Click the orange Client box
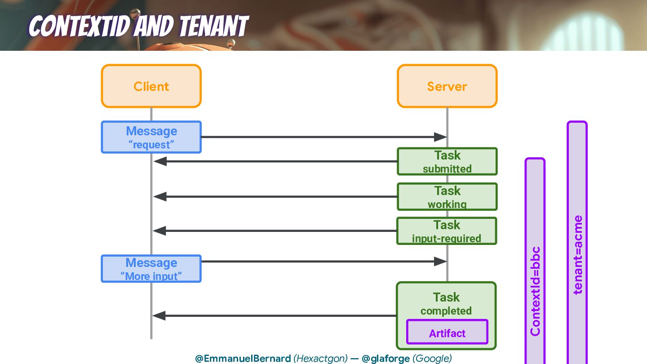point(151,86)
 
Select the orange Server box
point(447,86)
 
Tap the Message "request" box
point(151,137)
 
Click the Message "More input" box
point(151,269)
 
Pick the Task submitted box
point(447,161)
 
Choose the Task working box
point(447,196)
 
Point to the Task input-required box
point(447,231)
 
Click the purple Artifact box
point(447,333)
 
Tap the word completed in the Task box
point(446,311)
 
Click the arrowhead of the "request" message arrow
point(440,137)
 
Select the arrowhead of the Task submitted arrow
point(160,161)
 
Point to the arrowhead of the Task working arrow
point(160,196)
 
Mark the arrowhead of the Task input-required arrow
point(160,231)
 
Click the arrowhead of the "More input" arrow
point(440,262)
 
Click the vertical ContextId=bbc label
point(535,291)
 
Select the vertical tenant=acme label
point(578,255)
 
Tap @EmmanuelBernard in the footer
point(243,359)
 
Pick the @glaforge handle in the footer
point(386,359)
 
